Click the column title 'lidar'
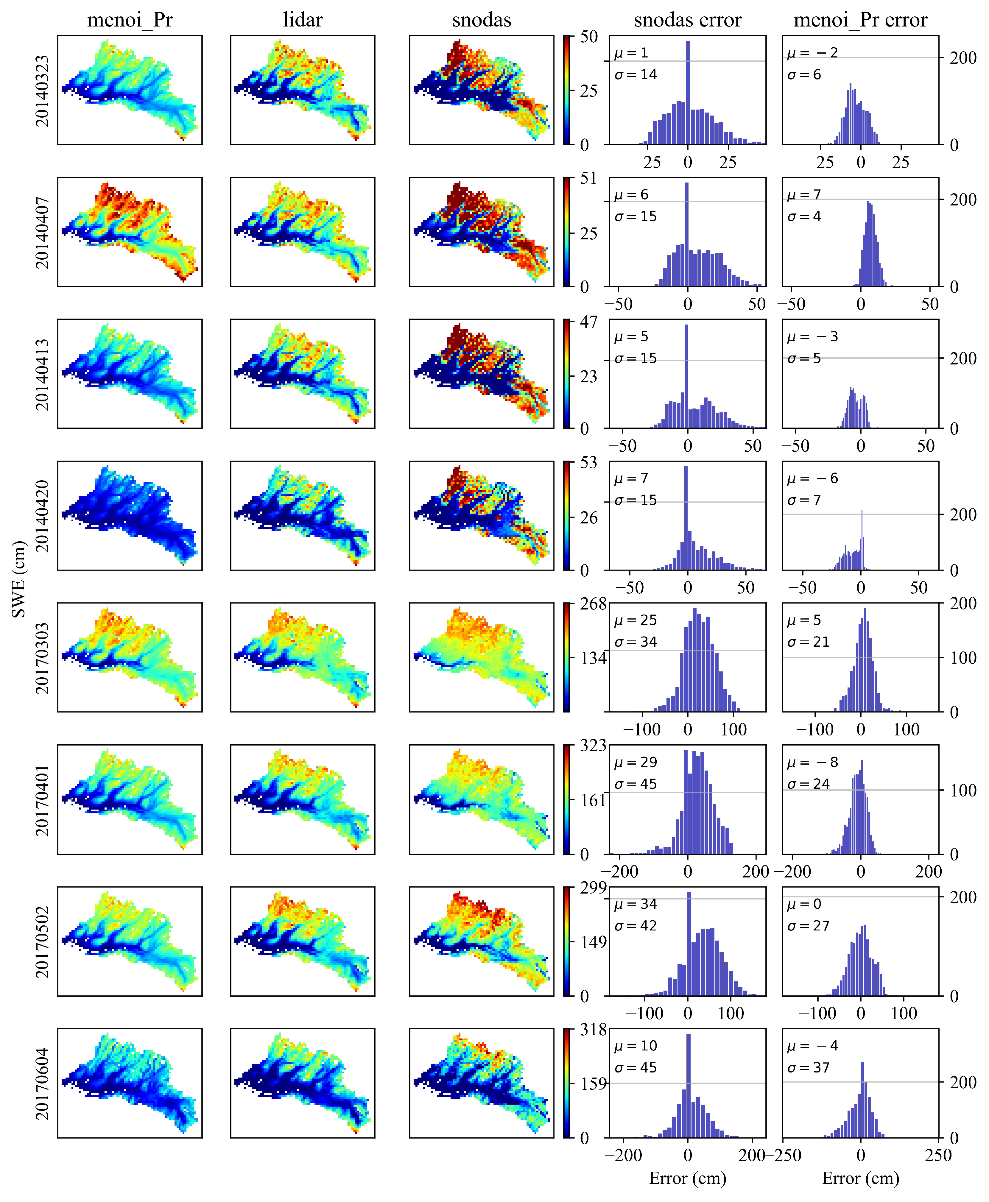[x=303, y=20]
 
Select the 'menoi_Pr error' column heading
[x=860, y=20]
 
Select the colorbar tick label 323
[x=593, y=745]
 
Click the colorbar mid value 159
[x=593, y=1083]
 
